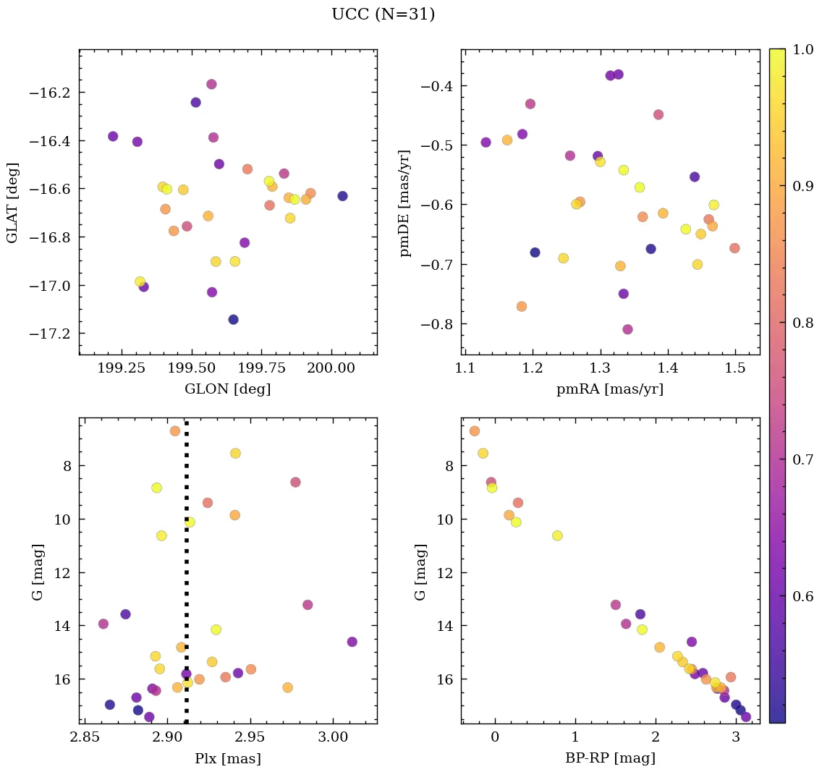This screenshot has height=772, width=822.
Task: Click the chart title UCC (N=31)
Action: click(x=383, y=14)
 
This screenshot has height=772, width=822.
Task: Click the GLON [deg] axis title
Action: click(x=227, y=389)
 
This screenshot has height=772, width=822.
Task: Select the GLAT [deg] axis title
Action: click(x=12, y=203)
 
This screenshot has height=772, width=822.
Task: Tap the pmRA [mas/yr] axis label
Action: click(x=609, y=389)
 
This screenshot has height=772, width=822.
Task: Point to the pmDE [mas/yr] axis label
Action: click(x=405, y=203)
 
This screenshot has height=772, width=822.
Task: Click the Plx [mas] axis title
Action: click(x=227, y=759)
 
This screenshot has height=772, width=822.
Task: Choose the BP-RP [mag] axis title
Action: click(x=610, y=759)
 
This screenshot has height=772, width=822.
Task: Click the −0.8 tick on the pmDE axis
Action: click(x=432, y=323)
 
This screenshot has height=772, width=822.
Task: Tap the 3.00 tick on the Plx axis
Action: click(x=333, y=738)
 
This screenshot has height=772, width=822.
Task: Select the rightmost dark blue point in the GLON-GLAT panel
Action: click(x=342, y=196)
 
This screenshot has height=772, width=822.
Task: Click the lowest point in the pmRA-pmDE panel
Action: click(x=627, y=329)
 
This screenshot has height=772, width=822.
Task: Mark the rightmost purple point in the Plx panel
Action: click(x=352, y=642)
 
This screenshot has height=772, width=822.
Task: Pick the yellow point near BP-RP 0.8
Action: click(x=557, y=535)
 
